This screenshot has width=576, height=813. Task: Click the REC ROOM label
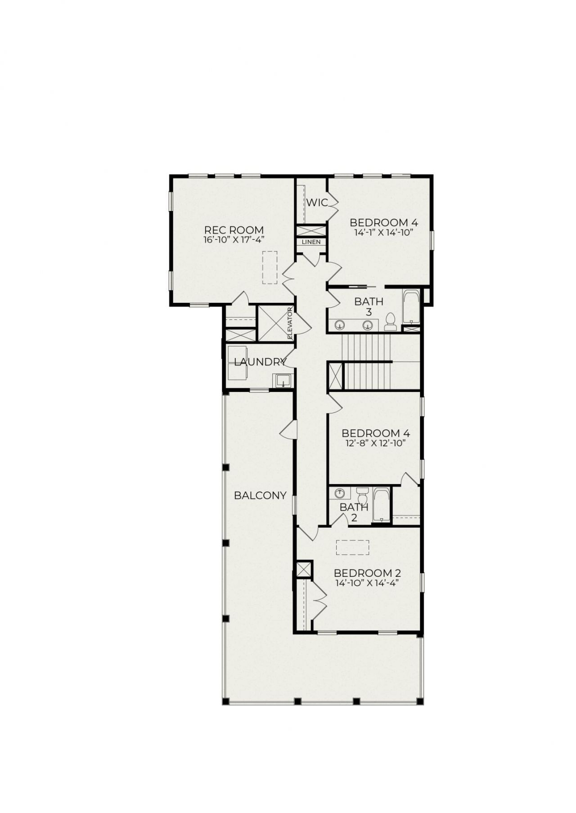click(x=234, y=230)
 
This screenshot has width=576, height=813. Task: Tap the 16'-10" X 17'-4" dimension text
click(x=234, y=239)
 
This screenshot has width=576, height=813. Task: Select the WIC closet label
click(x=317, y=202)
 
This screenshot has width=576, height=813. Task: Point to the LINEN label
click(x=311, y=242)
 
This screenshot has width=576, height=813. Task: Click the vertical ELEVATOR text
click(x=290, y=323)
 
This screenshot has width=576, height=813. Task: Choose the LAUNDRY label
click(x=260, y=362)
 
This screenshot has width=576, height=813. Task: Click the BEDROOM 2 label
click(x=367, y=573)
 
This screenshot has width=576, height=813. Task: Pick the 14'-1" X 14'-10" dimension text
click(x=384, y=232)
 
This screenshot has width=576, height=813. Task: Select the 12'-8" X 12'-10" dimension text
click(x=375, y=443)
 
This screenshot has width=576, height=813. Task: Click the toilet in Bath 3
click(x=391, y=321)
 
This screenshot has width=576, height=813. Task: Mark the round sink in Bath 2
click(x=339, y=493)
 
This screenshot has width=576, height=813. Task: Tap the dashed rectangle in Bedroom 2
click(x=352, y=548)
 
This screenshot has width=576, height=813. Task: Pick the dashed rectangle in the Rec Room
click(x=270, y=267)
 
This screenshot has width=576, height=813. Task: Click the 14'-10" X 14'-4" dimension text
click(x=367, y=583)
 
